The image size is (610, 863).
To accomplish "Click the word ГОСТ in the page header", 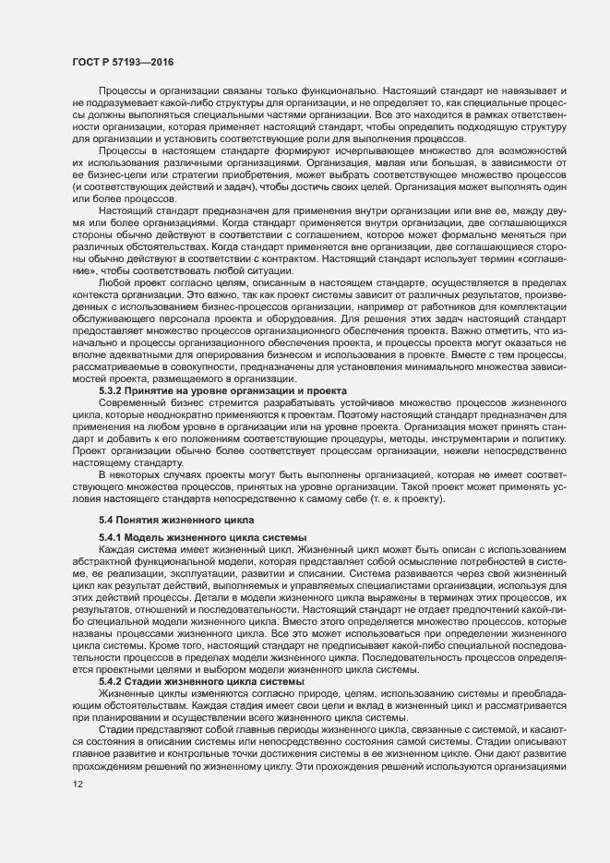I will (86, 61).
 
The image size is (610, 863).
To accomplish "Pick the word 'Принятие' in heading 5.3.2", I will (160, 416).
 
